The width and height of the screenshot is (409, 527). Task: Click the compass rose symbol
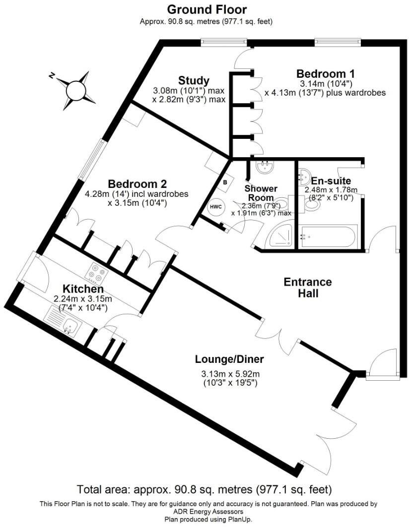(76, 90)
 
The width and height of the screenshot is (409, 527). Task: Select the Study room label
(194, 80)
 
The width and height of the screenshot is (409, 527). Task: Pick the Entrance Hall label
(308, 288)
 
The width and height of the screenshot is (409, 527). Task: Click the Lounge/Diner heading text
(229, 359)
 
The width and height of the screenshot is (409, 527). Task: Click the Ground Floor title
(206, 9)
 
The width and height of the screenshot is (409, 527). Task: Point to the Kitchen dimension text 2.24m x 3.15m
(83, 299)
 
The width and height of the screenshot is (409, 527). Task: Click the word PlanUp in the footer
(240, 519)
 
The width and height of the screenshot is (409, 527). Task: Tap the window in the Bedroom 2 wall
(92, 158)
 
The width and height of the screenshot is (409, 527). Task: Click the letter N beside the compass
(52, 75)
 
